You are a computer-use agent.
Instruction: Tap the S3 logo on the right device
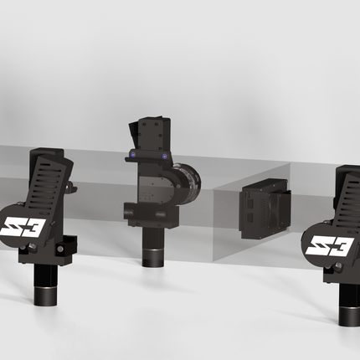point(330,245)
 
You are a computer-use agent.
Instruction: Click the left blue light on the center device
point(133,154)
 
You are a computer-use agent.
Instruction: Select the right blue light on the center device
point(165,157)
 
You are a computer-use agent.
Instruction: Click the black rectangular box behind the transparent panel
point(265,208)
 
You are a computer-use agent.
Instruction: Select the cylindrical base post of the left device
point(45,285)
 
